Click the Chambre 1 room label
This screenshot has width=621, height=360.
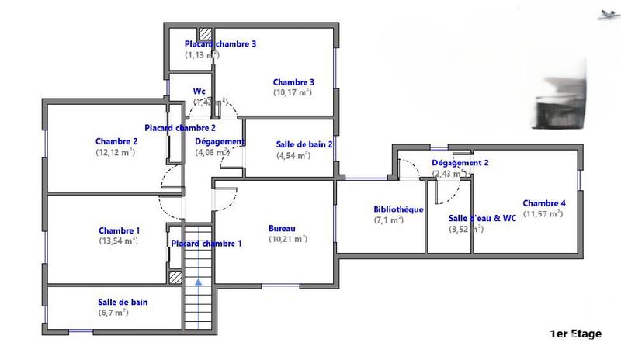click(120, 230)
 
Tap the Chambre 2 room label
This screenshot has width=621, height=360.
click(116, 141)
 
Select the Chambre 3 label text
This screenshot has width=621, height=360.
click(293, 82)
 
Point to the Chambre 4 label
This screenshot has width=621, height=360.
click(543, 203)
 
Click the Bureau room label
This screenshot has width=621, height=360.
click(282, 228)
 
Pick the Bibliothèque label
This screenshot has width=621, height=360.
click(397, 209)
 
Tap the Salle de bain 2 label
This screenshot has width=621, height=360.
click(304, 144)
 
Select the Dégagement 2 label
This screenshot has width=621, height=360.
click(460, 163)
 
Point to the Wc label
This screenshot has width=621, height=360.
click(199, 91)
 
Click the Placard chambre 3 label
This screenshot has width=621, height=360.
click(220, 44)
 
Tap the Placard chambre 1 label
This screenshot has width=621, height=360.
click(206, 244)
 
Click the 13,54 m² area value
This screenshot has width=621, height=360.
click(119, 241)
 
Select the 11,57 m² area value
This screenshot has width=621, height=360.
click(543, 213)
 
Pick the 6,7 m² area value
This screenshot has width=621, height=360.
click(113, 313)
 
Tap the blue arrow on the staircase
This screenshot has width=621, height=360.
click(199, 282)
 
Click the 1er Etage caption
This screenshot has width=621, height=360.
click(575, 334)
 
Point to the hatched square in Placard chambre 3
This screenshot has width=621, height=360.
click(206, 33)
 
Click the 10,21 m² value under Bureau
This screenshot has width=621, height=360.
click(288, 239)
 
